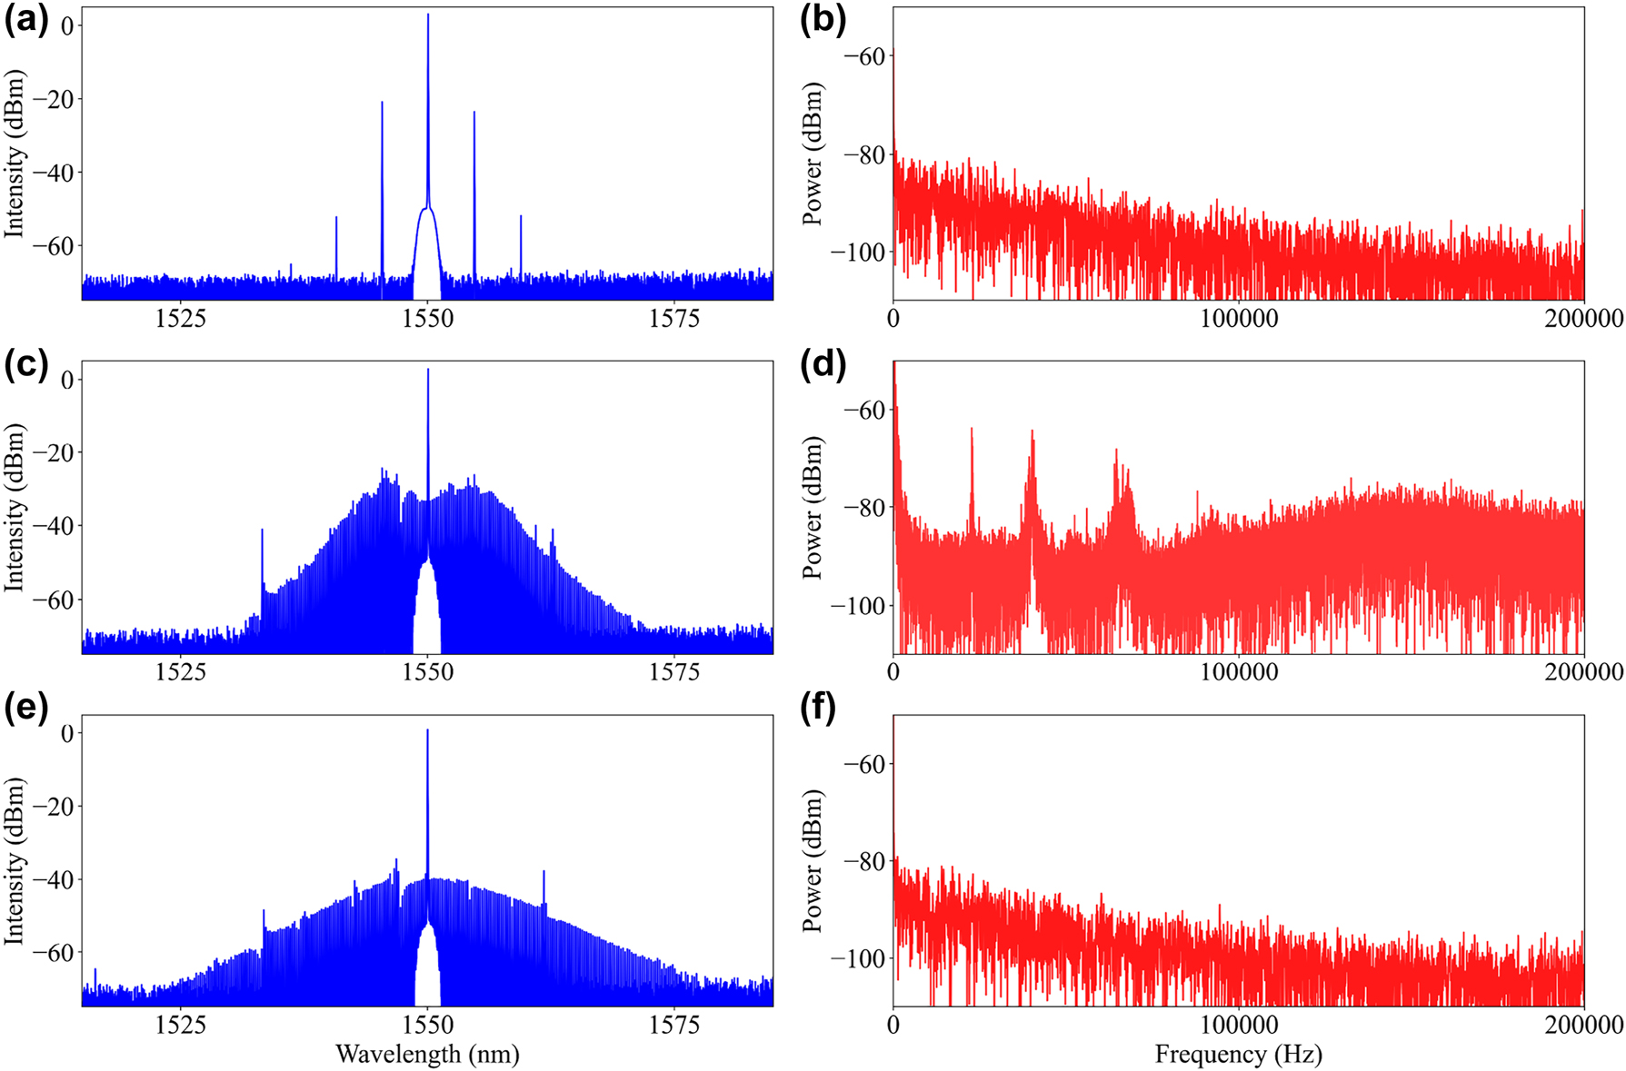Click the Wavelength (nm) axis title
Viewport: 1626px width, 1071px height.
point(427,1054)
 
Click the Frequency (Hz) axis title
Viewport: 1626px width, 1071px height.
point(1238,1054)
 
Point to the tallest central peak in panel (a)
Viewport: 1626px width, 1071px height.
point(428,18)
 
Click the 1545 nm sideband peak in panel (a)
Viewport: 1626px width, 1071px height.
point(382,104)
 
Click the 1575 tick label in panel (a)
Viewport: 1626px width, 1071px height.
point(674,319)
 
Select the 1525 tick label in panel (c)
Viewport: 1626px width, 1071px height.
point(181,672)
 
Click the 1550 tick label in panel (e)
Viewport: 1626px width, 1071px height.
point(427,1026)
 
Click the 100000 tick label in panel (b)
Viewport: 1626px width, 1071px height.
point(1238,319)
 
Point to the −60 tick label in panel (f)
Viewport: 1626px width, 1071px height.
point(863,764)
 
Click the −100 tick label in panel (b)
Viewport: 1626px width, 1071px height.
point(856,253)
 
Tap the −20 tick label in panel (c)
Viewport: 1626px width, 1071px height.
point(55,452)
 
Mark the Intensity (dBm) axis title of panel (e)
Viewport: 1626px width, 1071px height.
point(15,861)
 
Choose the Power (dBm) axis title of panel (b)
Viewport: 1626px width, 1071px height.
point(813,154)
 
